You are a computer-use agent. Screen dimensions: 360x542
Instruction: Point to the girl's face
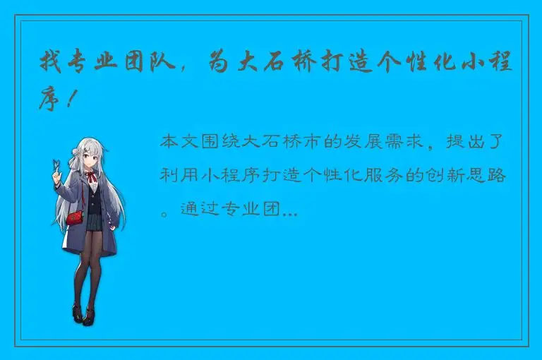[90, 157]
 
